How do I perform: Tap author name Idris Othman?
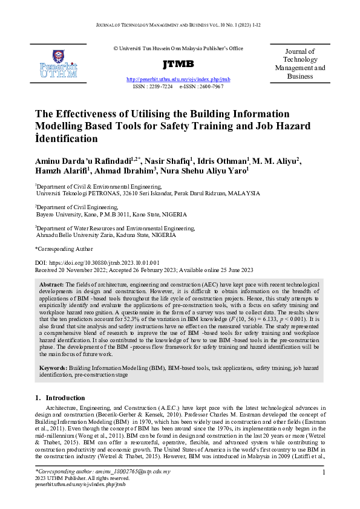(x=226, y=160)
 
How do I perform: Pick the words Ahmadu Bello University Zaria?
(x=75, y=235)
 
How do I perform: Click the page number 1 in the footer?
(x=324, y=472)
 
